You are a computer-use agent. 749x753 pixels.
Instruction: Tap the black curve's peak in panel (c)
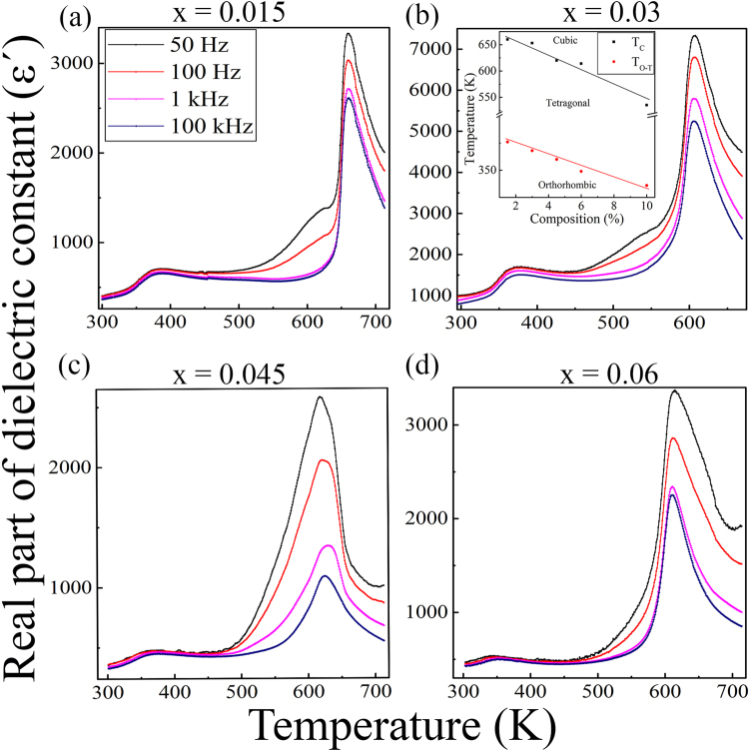pyautogui.click(x=320, y=397)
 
